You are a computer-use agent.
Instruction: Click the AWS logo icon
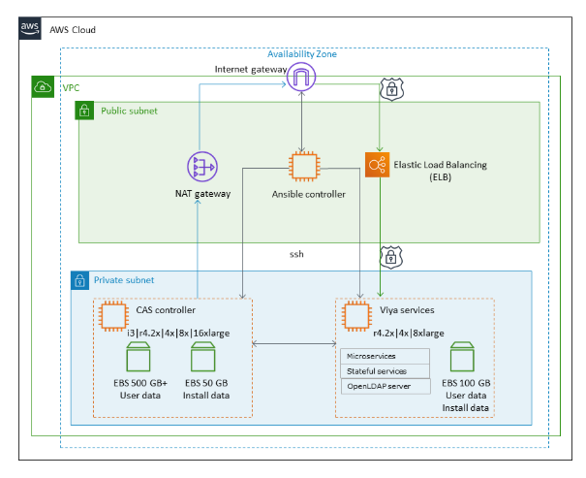pos(30,29)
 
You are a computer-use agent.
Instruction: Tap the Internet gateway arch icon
pos(303,80)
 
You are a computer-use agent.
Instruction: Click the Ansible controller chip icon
pos(305,166)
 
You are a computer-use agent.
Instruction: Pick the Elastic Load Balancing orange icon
pos(379,166)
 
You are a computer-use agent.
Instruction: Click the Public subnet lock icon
pos(85,112)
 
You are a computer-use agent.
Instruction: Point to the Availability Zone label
pos(302,54)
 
